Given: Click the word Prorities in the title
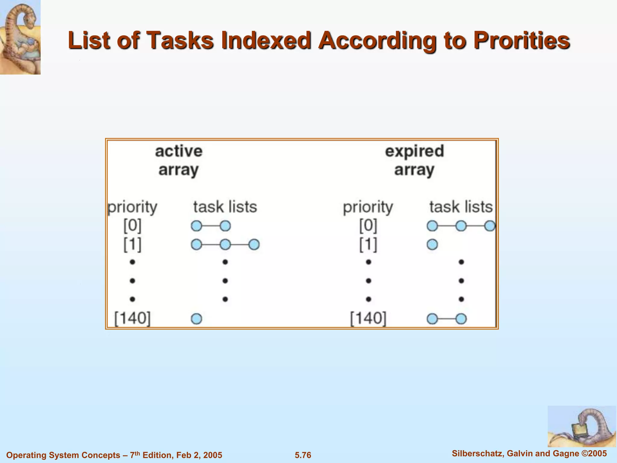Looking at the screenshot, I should tap(521, 41).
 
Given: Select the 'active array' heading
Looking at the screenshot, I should tap(178, 160).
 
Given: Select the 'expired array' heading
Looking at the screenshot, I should tap(415, 160).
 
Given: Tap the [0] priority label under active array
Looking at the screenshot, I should tap(132, 225).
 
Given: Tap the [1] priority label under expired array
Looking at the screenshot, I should tap(368, 244).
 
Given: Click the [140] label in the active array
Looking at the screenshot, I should tap(132, 318).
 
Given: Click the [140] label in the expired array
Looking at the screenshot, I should tap(368, 318).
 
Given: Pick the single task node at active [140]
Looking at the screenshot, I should tap(196, 319).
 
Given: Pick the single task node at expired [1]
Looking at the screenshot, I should tap(432, 244).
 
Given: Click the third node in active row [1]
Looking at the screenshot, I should tap(254, 244).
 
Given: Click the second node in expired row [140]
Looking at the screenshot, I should tap(461, 319).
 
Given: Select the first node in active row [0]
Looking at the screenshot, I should tap(196, 226).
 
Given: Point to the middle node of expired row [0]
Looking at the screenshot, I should tap(461, 226).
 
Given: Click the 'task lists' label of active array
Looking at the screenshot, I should tap(225, 207).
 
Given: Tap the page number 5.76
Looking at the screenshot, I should tap(303, 455).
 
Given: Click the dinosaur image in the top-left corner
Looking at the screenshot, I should tap(20, 37).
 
